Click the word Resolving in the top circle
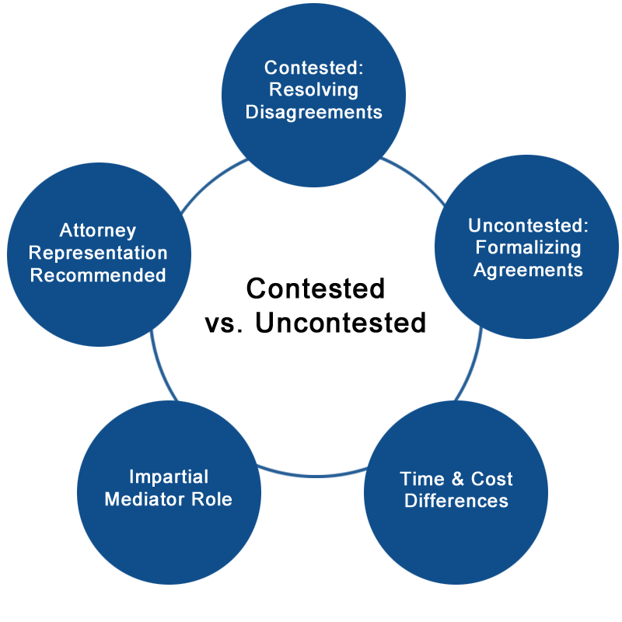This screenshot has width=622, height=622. coord(313,89)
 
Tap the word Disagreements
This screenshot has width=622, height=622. coord(313,112)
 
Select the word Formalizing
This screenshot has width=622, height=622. coord(528,248)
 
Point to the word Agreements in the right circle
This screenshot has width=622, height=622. coord(528,270)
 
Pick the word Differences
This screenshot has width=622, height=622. coord(456,500)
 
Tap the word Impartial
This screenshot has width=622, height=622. coord(169,477)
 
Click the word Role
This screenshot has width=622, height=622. coord(215,498)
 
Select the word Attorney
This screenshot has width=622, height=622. coord(98,231)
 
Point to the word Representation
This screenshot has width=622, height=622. coord(98,253)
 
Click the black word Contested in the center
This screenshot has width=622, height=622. coord(316,288)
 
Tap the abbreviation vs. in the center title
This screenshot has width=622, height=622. coord(226,323)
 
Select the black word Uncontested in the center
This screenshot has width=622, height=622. coord(341,323)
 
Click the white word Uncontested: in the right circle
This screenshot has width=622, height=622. coord(528,226)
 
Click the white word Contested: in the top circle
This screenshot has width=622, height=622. coord(313,68)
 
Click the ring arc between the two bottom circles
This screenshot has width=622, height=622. coord(312,471)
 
